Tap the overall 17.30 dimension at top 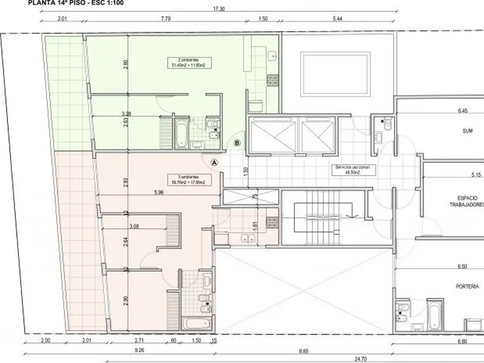(x=218, y=9)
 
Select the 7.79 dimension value (x=165, y=18)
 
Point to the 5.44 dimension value (x=338, y=18)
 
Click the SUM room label (x=467, y=131)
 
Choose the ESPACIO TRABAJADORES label (x=466, y=201)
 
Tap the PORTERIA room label (x=467, y=286)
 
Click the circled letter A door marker (x=214, y=162)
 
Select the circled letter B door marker (x=237, y=142)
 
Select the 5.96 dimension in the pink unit (x=159, y=192)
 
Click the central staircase (x=323, y=217)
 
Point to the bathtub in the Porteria (x=435, y=315)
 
